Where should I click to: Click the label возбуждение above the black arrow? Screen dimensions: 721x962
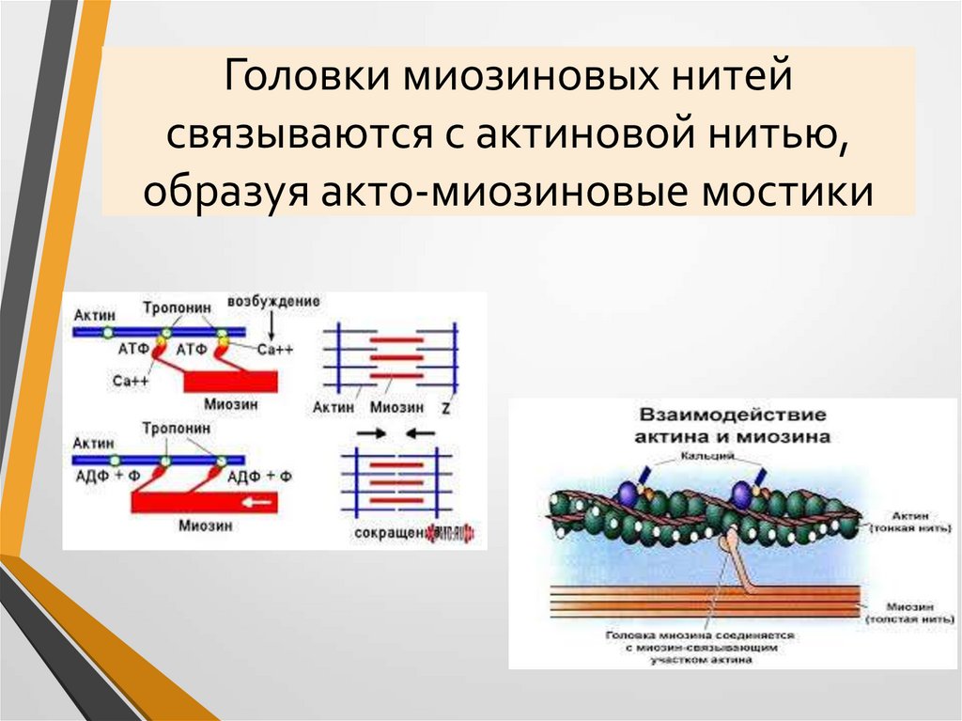point(273,302)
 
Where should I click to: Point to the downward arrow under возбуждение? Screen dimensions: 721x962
point(271,326)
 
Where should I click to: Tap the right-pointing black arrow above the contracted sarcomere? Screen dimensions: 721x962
point(369,434)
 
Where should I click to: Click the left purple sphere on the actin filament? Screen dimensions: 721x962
point(627,493)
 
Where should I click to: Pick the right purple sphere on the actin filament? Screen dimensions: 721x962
point(742,493)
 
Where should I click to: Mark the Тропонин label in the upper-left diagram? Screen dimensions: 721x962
point(173,307)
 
